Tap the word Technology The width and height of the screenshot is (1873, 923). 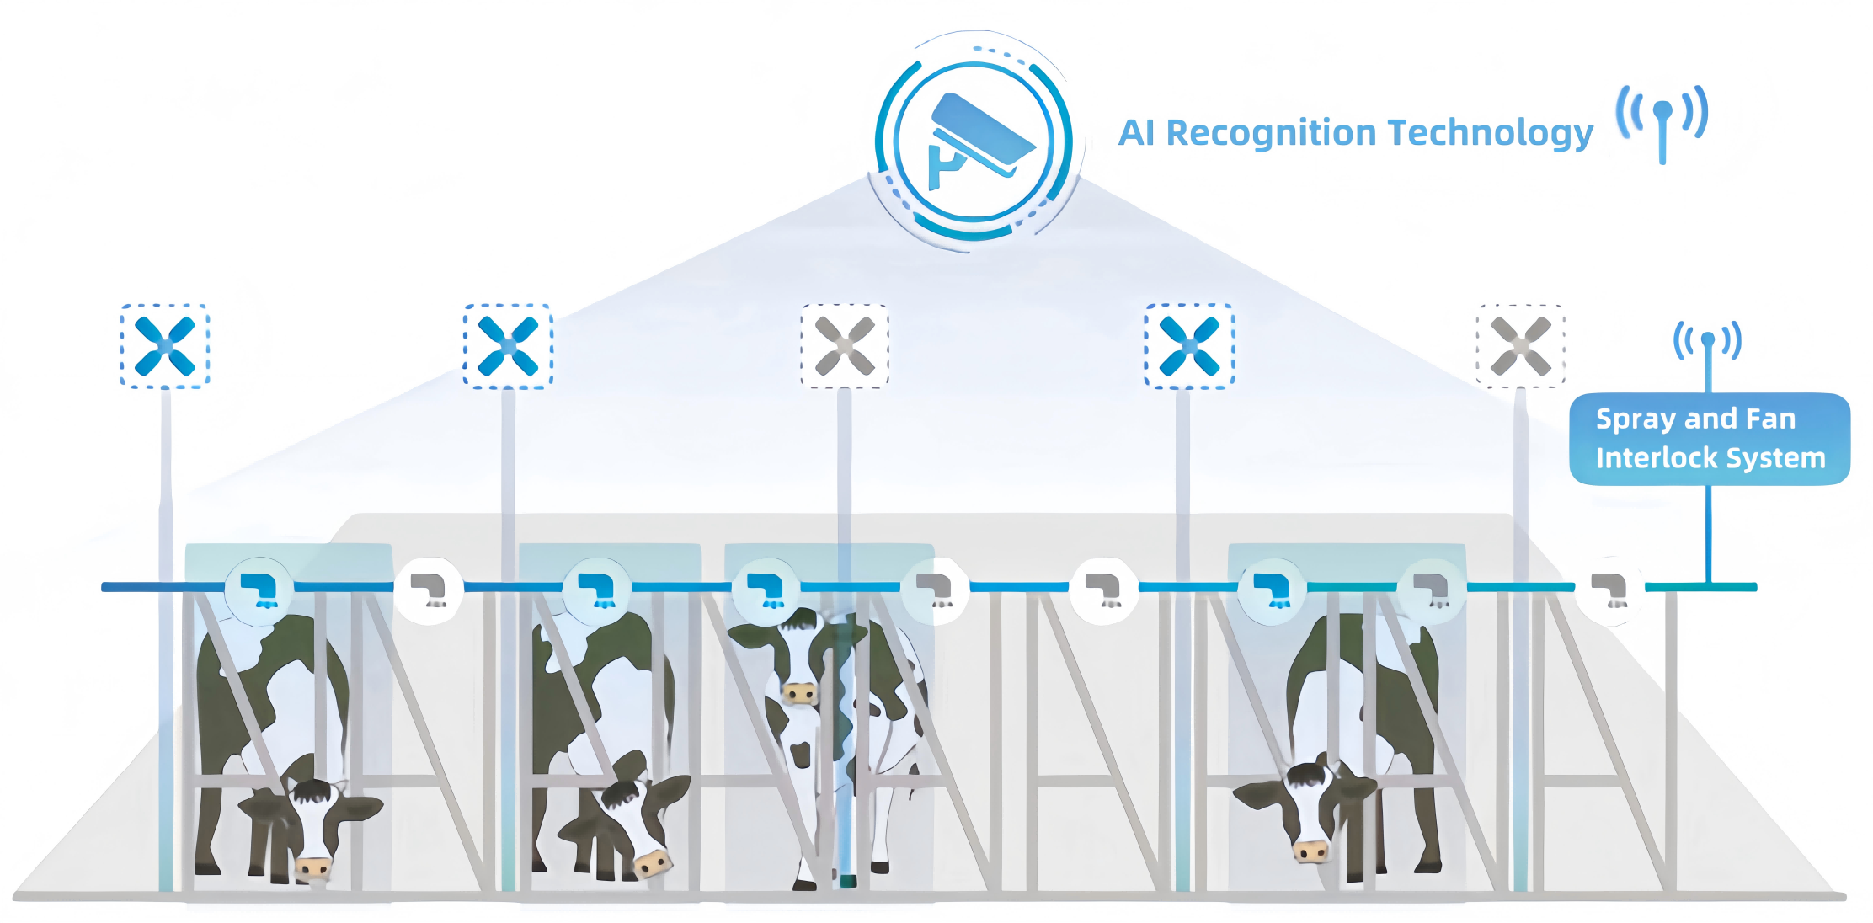1491,133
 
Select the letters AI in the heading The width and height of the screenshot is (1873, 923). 1136,133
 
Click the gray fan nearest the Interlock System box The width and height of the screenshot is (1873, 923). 1520,346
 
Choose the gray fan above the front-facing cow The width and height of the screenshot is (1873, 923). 845,346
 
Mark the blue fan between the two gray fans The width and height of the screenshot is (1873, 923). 1189,346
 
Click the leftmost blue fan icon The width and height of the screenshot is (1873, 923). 165,346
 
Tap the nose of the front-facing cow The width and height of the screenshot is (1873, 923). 799,693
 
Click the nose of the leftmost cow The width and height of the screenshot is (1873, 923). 314,867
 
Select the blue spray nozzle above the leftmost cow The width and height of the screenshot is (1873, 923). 259,590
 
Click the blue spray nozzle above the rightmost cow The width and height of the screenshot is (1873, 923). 1272,590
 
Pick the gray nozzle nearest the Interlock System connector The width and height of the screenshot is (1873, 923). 1609,590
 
